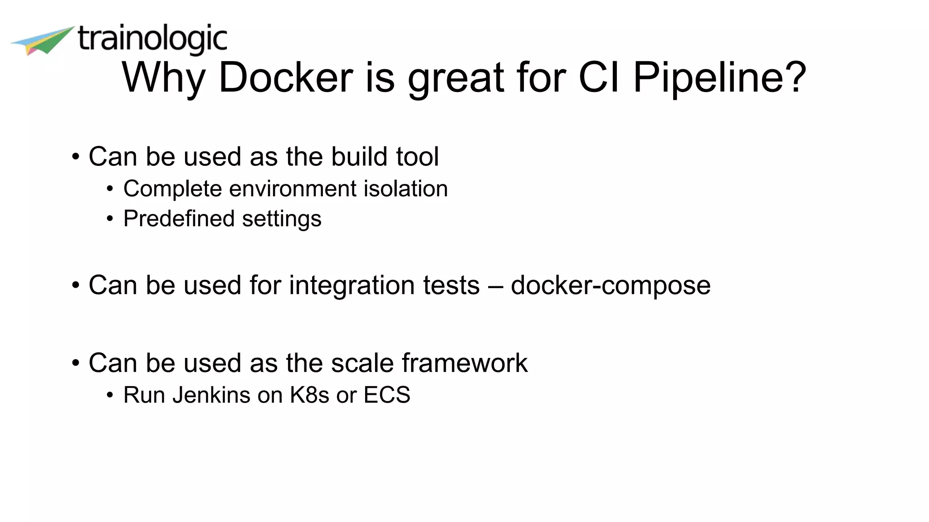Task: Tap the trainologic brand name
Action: (x=152, y=39)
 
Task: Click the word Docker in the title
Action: (x=286, y=77)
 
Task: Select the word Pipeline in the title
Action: (x=719, y=77)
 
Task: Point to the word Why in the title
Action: (x=164, y=77)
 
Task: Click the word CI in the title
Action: (x=599, y=77)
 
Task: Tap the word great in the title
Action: (x=456, y=77)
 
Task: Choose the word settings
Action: (x=282, y=219)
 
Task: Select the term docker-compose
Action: (x=611, y=285)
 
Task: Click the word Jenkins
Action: (x=211, y=395)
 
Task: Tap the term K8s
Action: (x=309, y=395)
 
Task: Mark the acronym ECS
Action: (x=387, y=395)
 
